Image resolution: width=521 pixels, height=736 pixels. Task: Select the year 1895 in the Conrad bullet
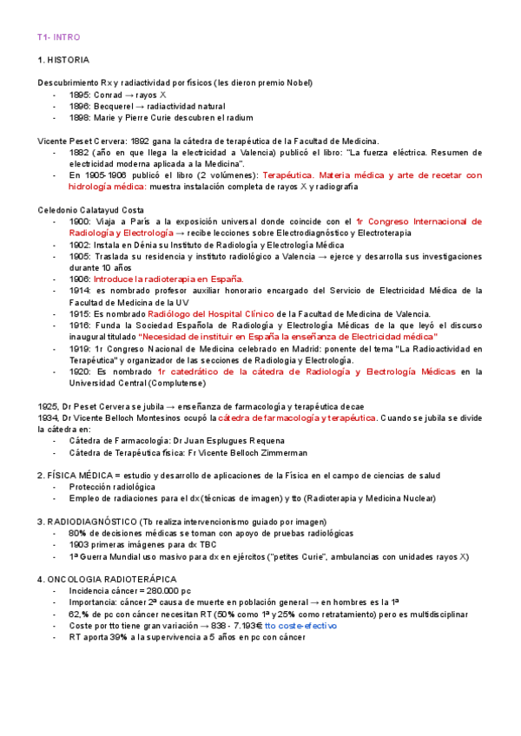coord(80,94)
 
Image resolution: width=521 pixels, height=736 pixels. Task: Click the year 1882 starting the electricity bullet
coord(80,152)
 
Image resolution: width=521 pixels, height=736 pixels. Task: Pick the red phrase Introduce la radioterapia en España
coord(168,279)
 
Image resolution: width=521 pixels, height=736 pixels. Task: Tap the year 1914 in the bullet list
coord(80,290)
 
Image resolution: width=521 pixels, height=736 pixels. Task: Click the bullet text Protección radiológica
coord(113,487)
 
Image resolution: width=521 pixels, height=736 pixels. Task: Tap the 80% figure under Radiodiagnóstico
coord(77,532)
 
